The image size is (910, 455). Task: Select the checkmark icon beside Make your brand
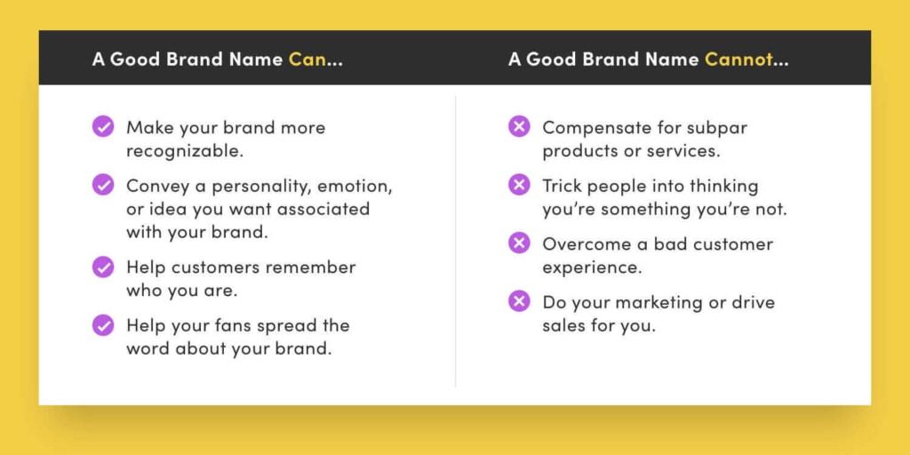tap(103, 127)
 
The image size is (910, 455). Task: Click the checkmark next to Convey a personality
tap(103, 186)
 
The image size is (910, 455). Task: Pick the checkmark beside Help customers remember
tap(103, 267)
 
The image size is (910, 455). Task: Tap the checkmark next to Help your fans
tap(103, 325)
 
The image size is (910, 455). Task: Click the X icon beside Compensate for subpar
tap(519, 127)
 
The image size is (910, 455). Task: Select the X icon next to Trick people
tap(519, 186)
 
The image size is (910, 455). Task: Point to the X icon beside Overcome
tap(519, 243)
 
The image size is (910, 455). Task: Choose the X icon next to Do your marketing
tap(519, 301)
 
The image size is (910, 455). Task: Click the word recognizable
tap(184, 151)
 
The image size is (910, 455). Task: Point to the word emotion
tap(353, 187)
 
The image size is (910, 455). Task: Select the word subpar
tap(716, 128)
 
